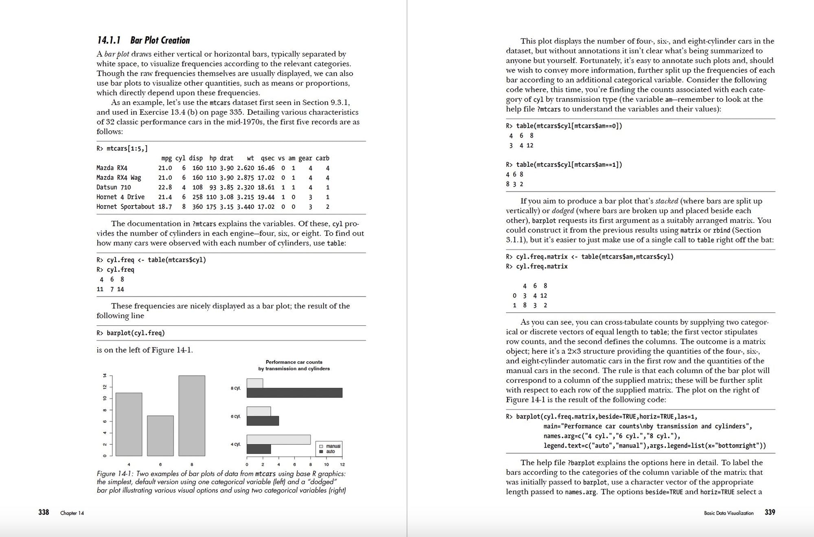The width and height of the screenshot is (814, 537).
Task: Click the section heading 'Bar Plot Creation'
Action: tap(160, 40)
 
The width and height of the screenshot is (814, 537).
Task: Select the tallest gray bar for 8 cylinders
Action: tap(192, 415)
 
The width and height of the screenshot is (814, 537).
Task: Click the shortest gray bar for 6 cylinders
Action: tap(160, 435)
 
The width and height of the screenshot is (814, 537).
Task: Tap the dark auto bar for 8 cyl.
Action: tap(294, 393)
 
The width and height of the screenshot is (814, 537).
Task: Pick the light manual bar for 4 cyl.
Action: tap(278, 439)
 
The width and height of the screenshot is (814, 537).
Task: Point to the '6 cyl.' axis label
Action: tap(236, 417)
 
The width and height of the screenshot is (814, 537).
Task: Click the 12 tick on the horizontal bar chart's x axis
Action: tap(342, 465)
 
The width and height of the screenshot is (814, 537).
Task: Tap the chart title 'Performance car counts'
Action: tap(294, 362)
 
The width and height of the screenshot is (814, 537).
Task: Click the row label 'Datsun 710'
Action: tap(114, 188)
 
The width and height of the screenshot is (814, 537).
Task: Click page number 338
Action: tap(44, 512)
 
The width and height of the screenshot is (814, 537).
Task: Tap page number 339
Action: tap(770, 512)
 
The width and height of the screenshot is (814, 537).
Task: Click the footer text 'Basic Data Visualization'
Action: tap(729, 513)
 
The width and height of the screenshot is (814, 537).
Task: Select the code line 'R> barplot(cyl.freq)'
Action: tap(131, 333)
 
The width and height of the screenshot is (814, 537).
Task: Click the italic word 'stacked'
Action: tap(666, 201)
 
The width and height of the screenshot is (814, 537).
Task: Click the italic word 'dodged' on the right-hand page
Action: tap(562, 211)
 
